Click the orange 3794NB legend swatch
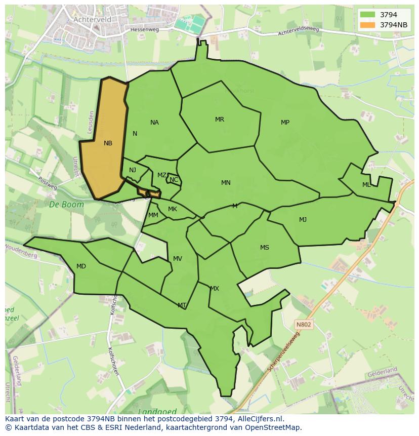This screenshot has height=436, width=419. coord(368,25)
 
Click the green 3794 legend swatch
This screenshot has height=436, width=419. coord(368,15)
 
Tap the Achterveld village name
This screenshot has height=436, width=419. coord(92,19)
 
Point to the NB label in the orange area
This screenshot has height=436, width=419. coord(108,143)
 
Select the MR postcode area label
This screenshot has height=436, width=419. coord(220,120)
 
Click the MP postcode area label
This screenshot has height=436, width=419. coord(285,123)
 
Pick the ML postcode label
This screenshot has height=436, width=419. coord(366,185)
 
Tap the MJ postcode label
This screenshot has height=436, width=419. coord(303,219)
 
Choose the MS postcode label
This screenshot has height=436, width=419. coord(265,248)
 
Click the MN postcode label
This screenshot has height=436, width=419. coord(226,183)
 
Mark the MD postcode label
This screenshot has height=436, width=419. coord(81,266)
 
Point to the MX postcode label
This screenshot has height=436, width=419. coord(215,289)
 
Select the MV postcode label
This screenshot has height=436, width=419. coord(178,259)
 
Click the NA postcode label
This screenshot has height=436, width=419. coord(154,123)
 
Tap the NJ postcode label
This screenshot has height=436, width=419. coord(133,170)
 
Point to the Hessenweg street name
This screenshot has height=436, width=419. coord(144,30)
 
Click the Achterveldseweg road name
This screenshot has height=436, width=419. coord(299,31)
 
